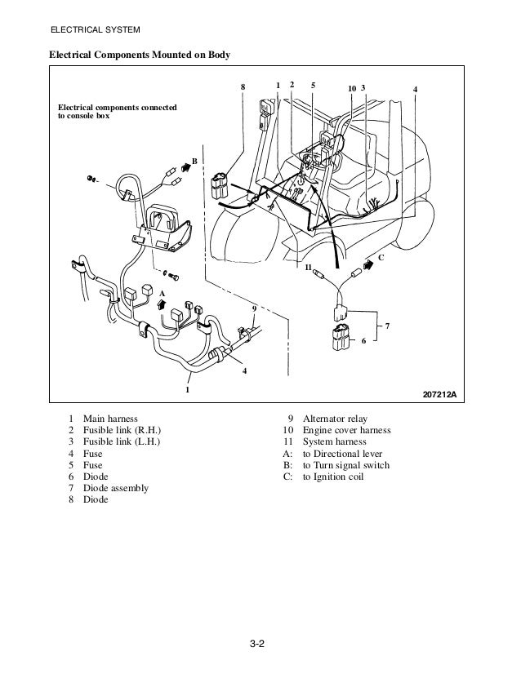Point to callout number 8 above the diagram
(x=243, y=86)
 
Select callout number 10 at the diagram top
(x=351, y=87)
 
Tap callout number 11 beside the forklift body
(x=308, y=267)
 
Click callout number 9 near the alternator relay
(x=254, y=308)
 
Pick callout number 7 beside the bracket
(x=387, y=326)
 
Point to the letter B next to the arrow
(x=194, y=162)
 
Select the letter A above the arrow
(x=162, y=291)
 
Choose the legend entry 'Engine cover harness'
(x=346, y=430)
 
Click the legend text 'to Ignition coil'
(x=334, y=477)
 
